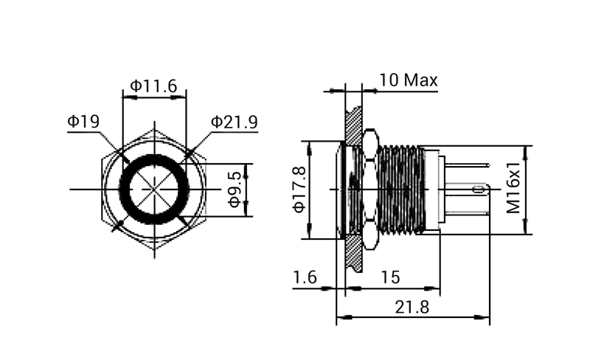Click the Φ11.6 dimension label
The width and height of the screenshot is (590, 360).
(x=153, y=86)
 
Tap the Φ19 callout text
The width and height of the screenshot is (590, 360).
(x=83, y=121)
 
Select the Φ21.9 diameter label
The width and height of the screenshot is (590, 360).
(x=234, y=122)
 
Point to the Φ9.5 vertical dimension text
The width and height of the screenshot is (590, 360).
(x=234, y=190)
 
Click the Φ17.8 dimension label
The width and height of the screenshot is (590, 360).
(x=299, y=190)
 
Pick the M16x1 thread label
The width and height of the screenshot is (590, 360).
(x=513, y=187)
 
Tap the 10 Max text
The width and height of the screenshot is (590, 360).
(x=409, y=80)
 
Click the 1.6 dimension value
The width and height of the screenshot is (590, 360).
(x=305, y=277)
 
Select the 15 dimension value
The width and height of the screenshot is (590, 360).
(x=390, y=277)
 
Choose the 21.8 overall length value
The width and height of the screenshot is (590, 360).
(x=412, y=308)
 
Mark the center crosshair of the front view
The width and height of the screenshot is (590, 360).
(x=155, y=190)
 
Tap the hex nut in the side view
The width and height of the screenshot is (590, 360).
(x=371, y=190)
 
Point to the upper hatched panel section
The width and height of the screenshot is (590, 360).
(x=354, y=125)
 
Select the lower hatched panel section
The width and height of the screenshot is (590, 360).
(x=354, y=253)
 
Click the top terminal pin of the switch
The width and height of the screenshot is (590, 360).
(x=468, y=165)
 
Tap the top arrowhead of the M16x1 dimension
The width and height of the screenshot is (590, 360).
(x=526, y=153)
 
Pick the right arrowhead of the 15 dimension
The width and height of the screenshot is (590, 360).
(x=432, y=289)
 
